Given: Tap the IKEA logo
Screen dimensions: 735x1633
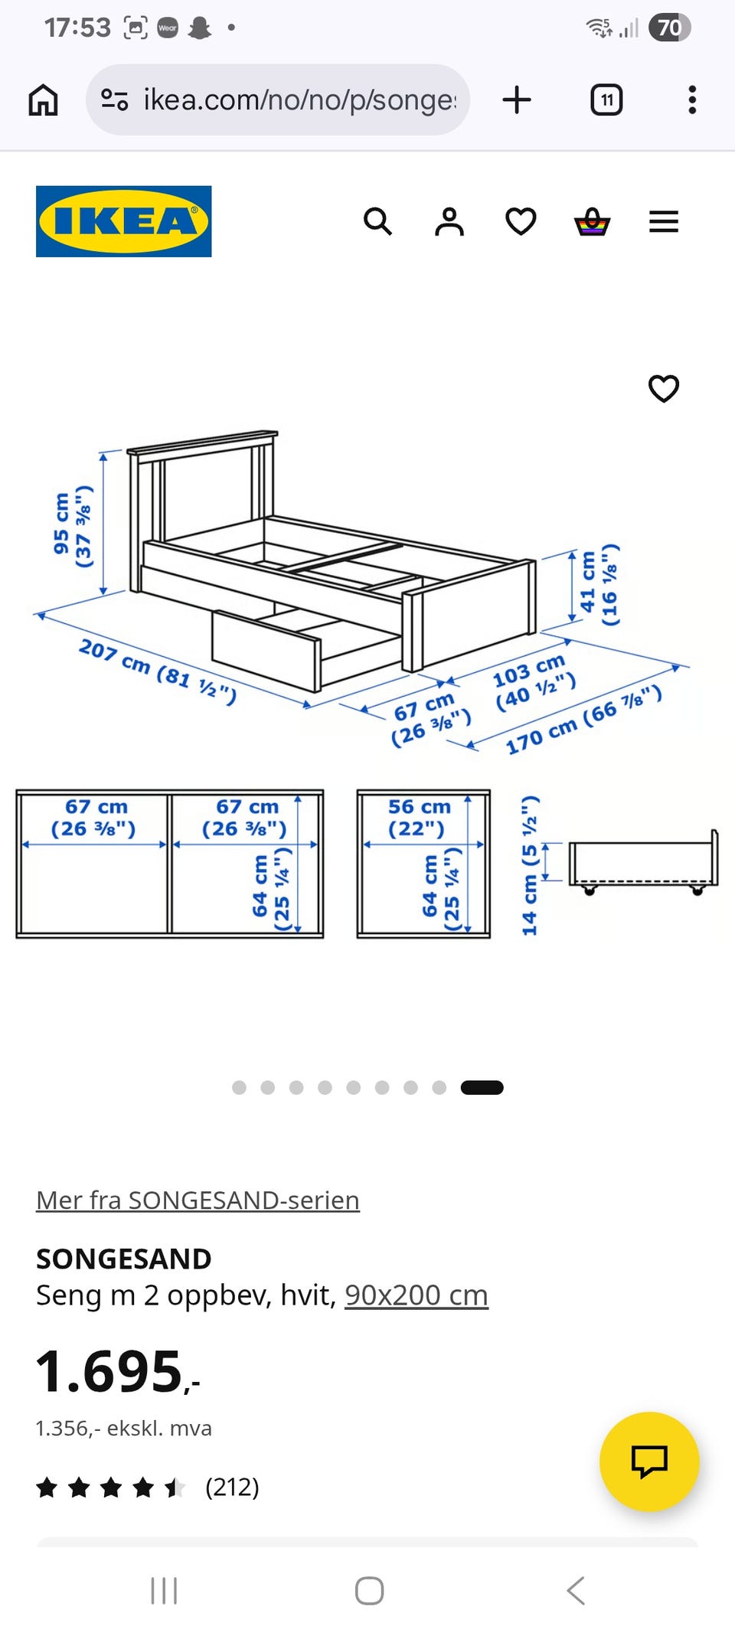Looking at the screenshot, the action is (123, 221).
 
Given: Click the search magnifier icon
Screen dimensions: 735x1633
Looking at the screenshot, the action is (377, 222).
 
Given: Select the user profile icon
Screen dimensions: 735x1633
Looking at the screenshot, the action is (449, 222).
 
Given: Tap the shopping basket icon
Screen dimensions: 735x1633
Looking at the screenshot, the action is (593, 222).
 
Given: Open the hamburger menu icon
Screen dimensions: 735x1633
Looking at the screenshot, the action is (664, 222).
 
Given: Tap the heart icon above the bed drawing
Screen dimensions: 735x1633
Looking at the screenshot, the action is (664, 388).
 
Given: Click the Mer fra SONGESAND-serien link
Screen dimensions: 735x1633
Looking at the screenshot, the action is (198, 1200).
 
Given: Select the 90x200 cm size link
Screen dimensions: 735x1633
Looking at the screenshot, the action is (416, 1295).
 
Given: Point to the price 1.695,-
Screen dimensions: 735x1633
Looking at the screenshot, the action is (118, 1370).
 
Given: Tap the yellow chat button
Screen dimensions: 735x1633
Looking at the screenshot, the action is (649, 1461).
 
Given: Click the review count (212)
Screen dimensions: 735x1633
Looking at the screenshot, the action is (232, 1487).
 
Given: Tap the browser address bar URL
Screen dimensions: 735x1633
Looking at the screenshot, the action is (299, 100).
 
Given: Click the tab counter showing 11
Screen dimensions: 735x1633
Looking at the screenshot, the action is (606, 100).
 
